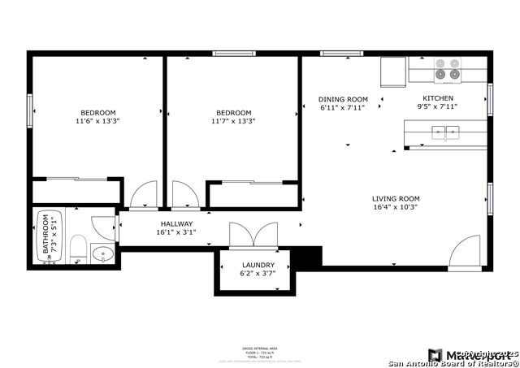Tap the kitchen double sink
[444, 131]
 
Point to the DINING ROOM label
[342, 98]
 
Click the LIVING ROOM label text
[396, 198]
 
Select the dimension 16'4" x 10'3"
[396, 207]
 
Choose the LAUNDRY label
[258, 265]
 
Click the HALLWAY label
[176, 223]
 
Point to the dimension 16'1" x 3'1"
[176, 232]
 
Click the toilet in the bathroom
[78, 249]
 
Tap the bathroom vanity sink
[103, 255]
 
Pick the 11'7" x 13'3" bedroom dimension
[233, 122]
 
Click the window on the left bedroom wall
[30, 110]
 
